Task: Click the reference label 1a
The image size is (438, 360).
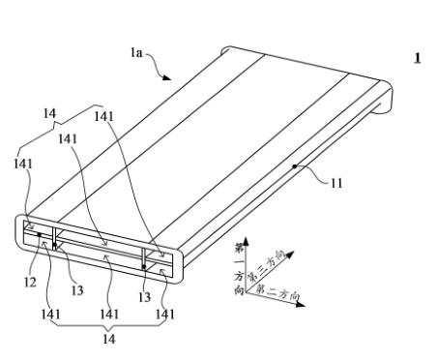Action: pos(136,52)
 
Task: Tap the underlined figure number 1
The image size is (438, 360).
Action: pos(418,58)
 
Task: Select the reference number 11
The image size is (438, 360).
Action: pos(336,183)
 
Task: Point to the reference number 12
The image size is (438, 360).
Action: pos(30,283)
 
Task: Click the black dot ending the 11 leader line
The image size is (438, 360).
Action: pos(294,166)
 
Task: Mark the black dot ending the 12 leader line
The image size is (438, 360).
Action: pos(39,234)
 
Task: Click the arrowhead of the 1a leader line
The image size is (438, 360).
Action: pos(166,77)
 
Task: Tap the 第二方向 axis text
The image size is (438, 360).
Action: pos(278,292)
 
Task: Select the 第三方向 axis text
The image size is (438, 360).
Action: pos(266,265)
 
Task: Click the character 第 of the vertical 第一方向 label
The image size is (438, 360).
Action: pos(240,248)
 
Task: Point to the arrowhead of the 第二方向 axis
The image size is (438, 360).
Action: pos(301,304)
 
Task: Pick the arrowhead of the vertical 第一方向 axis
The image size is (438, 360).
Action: pos(246,241)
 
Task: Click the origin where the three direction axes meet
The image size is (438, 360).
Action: pos(246,292)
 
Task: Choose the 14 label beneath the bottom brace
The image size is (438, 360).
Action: pos(109,339)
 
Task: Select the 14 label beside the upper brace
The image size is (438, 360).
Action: pos(49,113)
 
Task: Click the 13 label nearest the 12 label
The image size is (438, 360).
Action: pos(77,290)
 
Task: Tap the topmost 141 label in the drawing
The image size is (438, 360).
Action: pos(103,116)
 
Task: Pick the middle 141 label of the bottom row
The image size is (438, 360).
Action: pos(109,314)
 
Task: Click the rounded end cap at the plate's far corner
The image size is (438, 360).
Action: pos(386,98)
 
